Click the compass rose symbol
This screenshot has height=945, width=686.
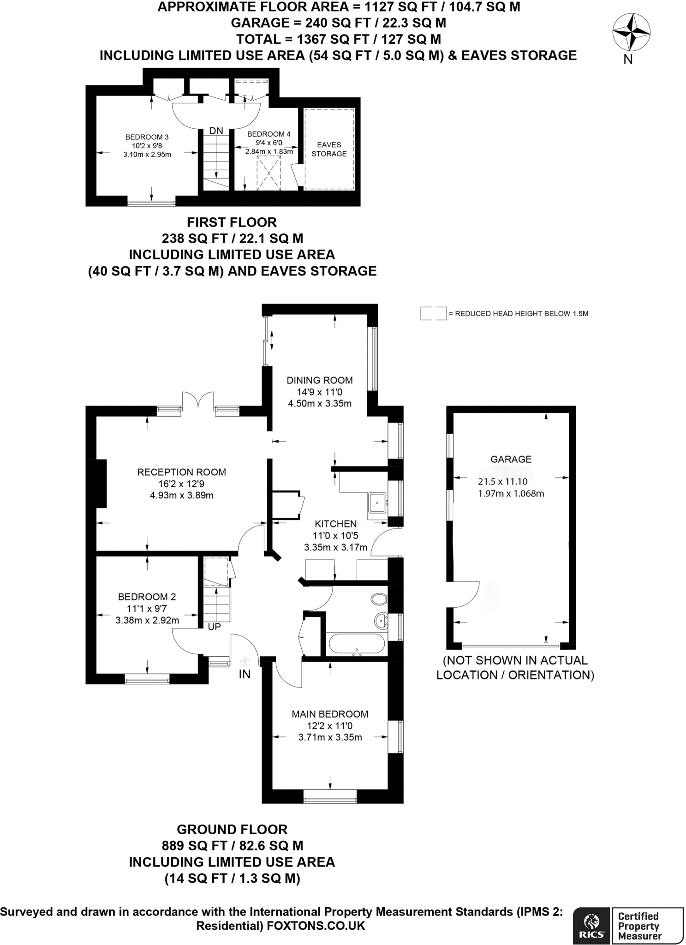[631, 32]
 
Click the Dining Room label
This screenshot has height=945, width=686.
[319, 380]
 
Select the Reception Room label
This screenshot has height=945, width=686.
[181, 472]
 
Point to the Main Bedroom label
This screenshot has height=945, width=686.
[330, 714]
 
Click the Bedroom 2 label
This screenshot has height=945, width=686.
[147, 597]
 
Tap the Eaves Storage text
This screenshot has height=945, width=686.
[329, 150]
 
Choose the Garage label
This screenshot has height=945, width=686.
[511, 459]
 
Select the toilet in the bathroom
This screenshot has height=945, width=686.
[379, 599]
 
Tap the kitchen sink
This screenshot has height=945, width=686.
[377, 502]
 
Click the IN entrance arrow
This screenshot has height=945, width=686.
[245, 661]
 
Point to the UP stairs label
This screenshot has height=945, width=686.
[215, 627]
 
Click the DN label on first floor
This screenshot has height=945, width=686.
[216, 131]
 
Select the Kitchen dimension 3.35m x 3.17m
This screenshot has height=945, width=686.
[335, 548]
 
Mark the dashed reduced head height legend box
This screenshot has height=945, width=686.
[433, 313]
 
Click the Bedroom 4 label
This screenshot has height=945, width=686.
[268, 134]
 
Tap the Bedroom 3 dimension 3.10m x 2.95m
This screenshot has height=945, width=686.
[147, 155]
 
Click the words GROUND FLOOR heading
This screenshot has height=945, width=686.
[232, 829]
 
